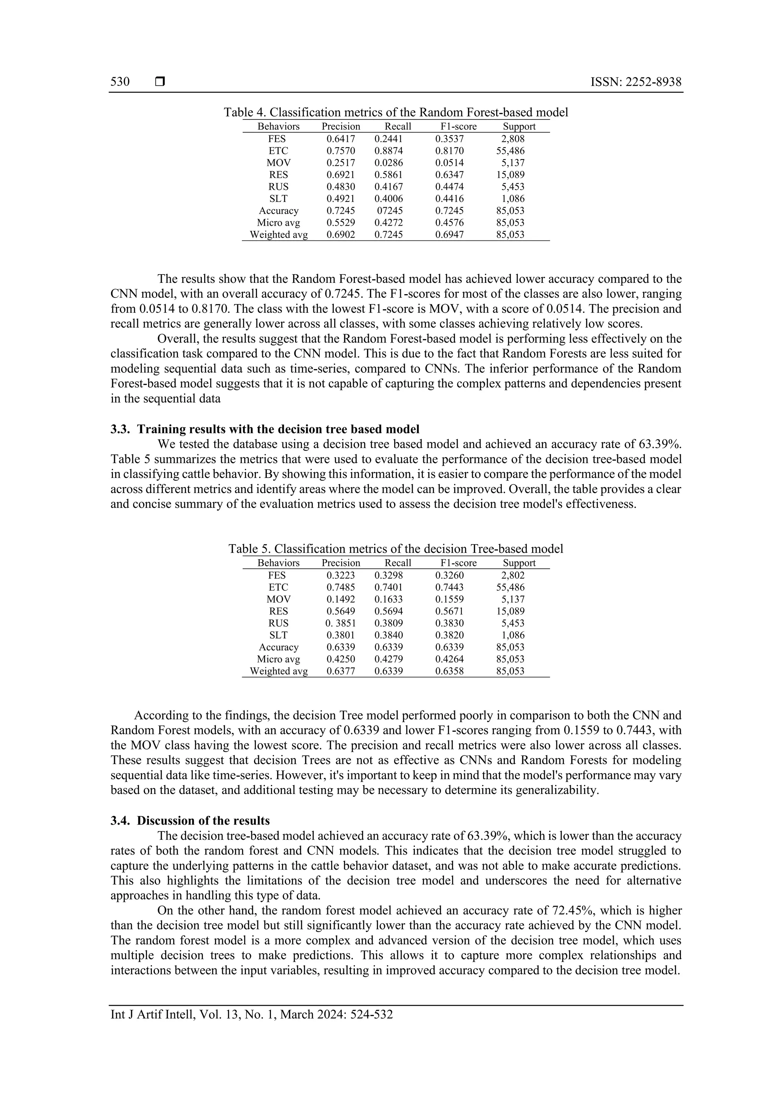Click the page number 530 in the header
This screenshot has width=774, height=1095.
[x=120, y=82]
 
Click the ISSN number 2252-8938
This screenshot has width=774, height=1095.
[x=653, y=82]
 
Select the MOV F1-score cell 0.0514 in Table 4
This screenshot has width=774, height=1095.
[x=449, y=163]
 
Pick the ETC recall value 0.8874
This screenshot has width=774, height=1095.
[x=389, y=151]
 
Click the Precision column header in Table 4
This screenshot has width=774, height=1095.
[x=341, y=126]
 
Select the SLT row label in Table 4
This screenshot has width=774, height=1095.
[x=278, y=199]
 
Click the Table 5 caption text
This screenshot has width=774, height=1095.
[x=396, y=549]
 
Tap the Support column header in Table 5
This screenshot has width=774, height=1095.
[x=519, y=563]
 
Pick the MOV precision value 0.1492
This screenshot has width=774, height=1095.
[x=341, y=599]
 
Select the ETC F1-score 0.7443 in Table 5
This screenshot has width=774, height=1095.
[x=449, y=587]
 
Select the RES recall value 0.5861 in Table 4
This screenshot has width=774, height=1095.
[x=389, y=175]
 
